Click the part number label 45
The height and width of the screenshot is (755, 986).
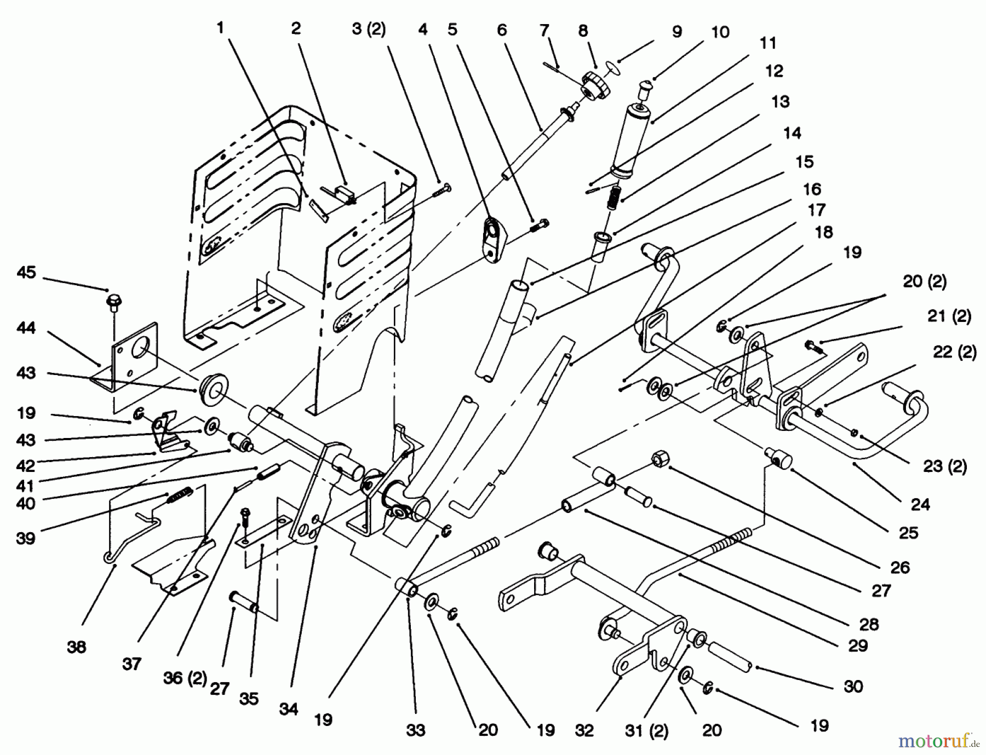coord(26,272)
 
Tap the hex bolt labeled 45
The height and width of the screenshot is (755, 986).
coord(113,302)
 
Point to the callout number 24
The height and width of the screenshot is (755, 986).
coord(920,504)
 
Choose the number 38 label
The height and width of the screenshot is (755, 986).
coord(77,647)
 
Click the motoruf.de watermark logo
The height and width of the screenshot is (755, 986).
coord(938,740)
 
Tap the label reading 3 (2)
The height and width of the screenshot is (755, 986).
coord(369,29)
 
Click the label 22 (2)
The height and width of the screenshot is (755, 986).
coord(954,352)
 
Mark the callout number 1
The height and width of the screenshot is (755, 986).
coord(221,27)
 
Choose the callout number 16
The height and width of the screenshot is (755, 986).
coord(812,189)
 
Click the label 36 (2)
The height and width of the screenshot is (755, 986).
coord(185,678)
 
